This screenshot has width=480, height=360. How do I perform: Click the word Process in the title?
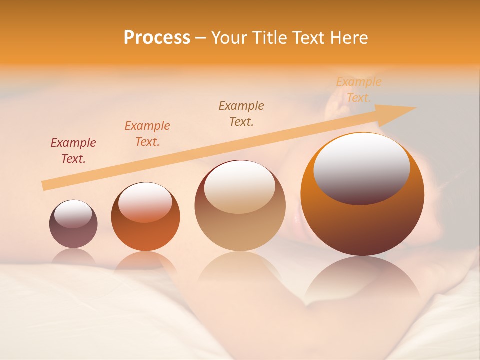click(x=157, y=38)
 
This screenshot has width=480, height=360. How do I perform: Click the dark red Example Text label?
click(x=73, y=151)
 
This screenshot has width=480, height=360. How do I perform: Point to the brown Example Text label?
click(x=241, y=114)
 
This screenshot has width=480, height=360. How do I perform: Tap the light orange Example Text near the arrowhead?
click(x=359, y=90)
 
